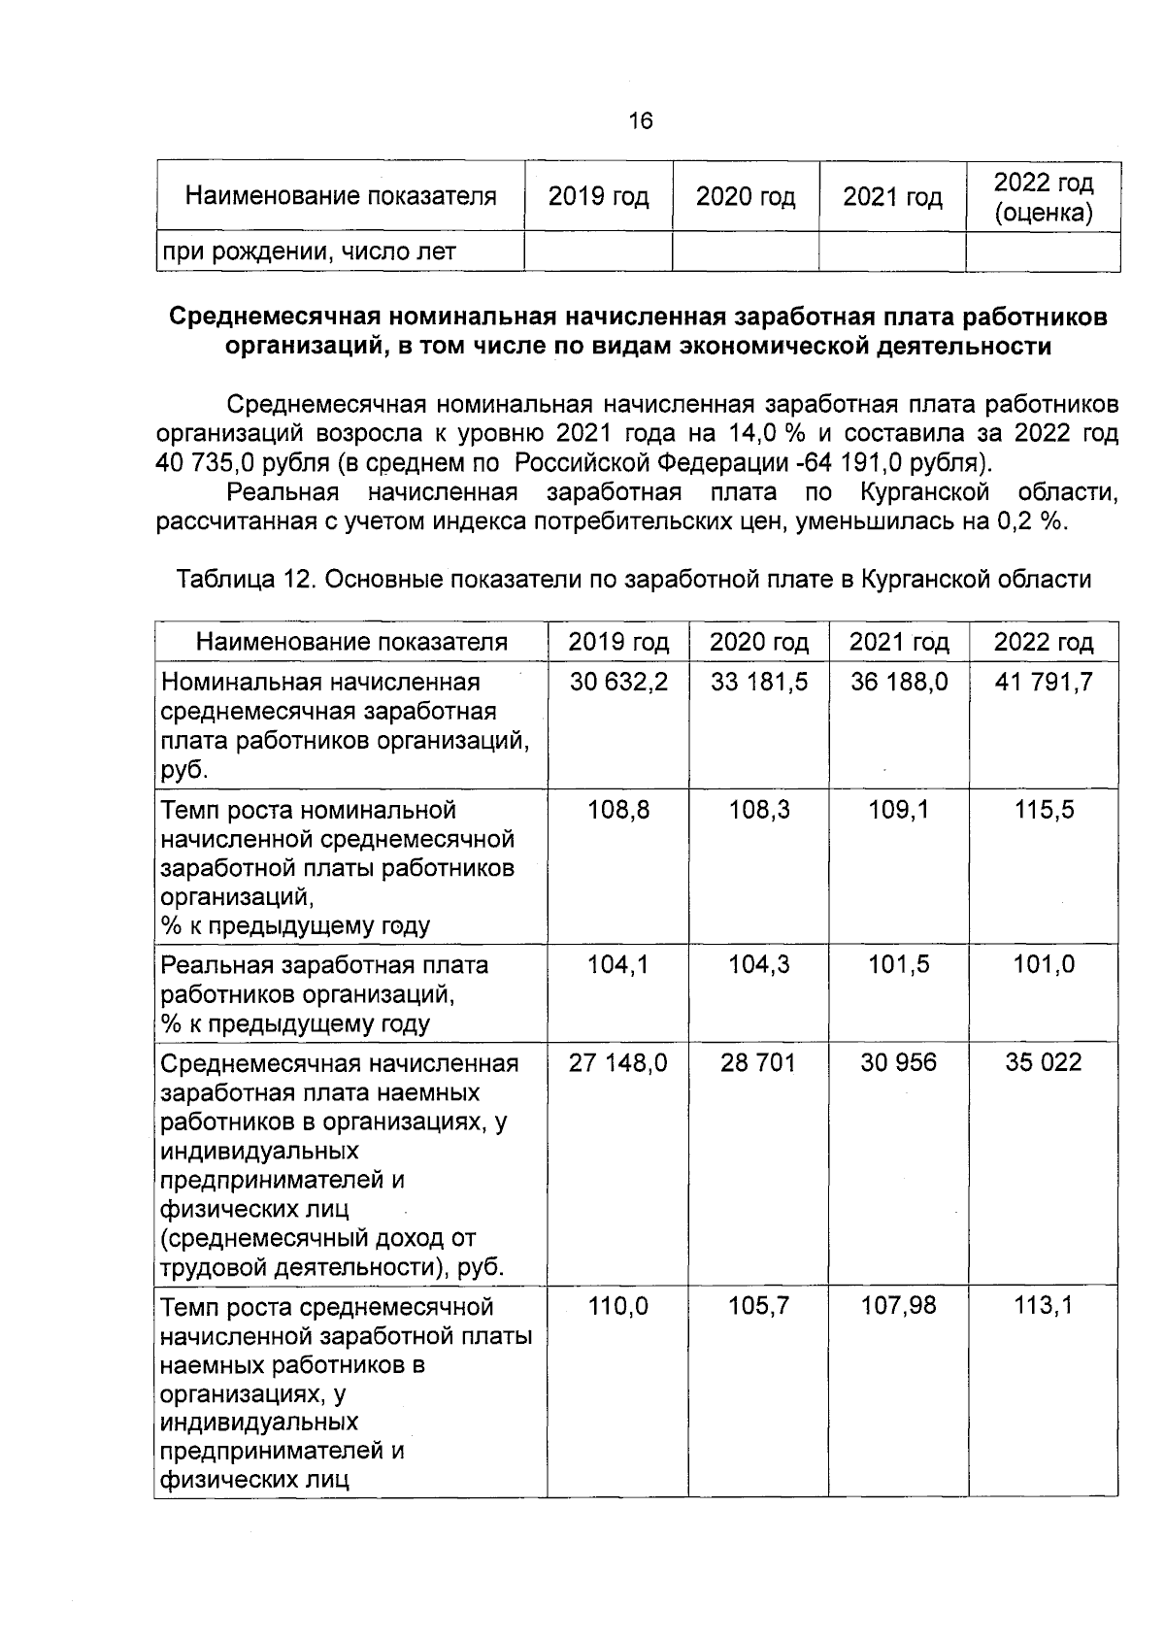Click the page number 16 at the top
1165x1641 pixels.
pyautogui.click(x=641, y=121)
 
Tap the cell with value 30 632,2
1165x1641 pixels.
pyautogui.click(x=618, y=682)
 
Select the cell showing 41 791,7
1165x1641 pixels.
pyautogui.click(x=1043, y=682)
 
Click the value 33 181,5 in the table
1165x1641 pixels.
pyautogui.click(x=758, y=682)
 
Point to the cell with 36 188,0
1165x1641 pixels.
pyautogui.click(x=898, y=682)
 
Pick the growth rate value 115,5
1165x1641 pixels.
pyautogui.click(x=1044, y=810)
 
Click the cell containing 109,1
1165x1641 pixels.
pyautogui.click(x=898, y=810)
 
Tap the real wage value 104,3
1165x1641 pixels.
pyautogui.click(x=758, y=964)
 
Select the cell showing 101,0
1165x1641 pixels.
pyautogui.click(x=1044, y=964)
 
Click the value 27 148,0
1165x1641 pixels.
pyautogui.click(x=618, y=1062)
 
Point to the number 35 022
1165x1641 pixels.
pyautogui.click(x=1043, y=1062)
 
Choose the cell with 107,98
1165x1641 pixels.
pyautogui.click(x=898, y=1306)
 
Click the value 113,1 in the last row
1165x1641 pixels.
pyautogui.click(x=1044, y=1306)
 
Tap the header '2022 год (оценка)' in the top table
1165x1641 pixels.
pyautogui.click(x=1043, y=197)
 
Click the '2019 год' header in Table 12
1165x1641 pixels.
pyautogui.click(x=618, y=642)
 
